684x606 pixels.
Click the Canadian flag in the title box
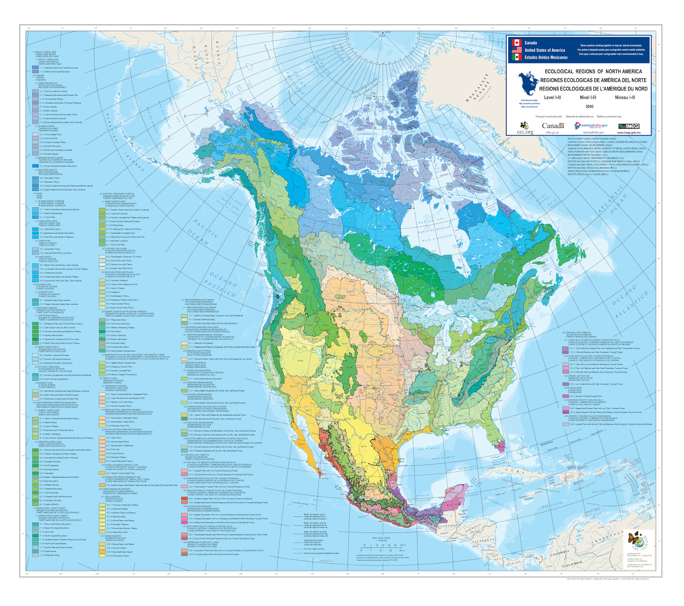pyautogui.click(x=516, y=43)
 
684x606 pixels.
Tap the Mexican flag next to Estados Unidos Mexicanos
pyautogui.click(x=516, y=57)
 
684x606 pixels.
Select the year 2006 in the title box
pyautogui.click(x=590, y=107)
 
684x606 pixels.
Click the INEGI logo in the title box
pyautogui.click(x=628, y=126)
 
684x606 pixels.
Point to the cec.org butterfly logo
pyautogui.click(x=525, y=126)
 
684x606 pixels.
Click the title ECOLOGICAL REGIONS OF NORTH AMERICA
pyautogui.click(x=593, y=71)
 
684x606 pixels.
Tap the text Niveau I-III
pyautogui.click(x=625, y=97)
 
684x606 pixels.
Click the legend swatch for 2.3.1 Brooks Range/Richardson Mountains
pyautogui.click(x=35, y=166)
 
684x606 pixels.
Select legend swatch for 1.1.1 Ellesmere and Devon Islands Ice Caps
pyautogui.click(x=35, y=68)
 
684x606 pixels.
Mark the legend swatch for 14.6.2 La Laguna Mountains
pyautogui.click(x=184, y=554)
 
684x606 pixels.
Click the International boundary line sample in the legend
pyautogui.click(x=298, y=541)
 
